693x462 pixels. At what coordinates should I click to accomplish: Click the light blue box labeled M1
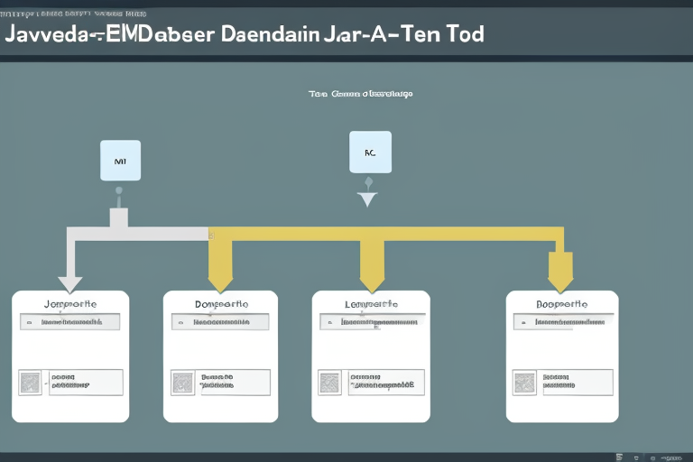click(x=120, y=160)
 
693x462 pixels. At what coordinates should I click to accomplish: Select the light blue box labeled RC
click(x=369, y=152)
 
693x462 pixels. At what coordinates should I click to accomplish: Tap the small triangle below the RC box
click(x=366, y=199)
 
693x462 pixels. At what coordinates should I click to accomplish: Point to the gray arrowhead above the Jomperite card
click(x=69, y=283)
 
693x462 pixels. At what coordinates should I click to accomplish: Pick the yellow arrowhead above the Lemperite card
click(x=372, y=274)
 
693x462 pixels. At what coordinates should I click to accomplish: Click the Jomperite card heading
click(x=70, y=304)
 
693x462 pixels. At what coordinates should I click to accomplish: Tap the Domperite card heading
click(x=221, y=304)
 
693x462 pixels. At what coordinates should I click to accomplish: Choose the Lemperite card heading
click(x=371, y=304)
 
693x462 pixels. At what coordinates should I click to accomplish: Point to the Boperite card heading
click(x=562, y=304)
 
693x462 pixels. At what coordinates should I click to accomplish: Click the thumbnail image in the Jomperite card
click(x=30, y=382)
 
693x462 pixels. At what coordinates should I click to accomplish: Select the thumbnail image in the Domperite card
click(x=182, y=382)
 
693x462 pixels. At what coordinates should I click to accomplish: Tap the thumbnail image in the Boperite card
click(x=524, y=382)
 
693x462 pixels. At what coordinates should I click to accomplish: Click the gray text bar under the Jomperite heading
click(x=70, y=321)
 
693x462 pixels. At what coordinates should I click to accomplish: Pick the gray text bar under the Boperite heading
click(x=563, y=321)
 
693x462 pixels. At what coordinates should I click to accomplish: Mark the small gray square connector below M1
click(x=118, y=217)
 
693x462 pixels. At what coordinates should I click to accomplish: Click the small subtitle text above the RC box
click(x=360, y=93)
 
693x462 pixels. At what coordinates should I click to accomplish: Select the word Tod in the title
click(x=461, y=35)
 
